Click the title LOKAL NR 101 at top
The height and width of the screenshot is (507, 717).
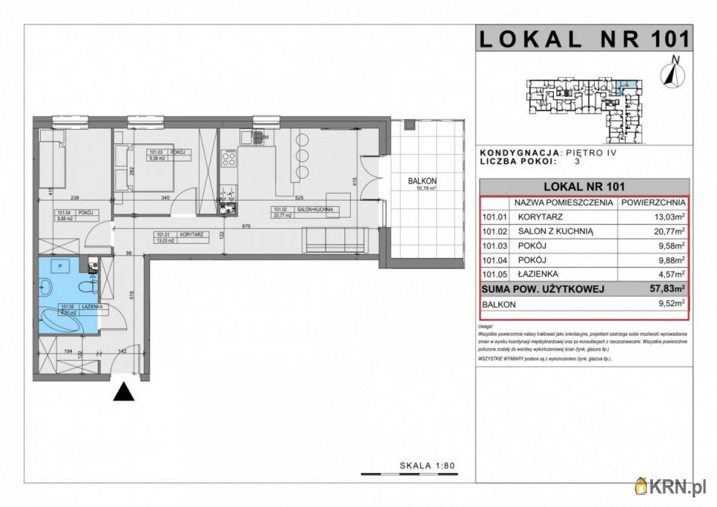584,38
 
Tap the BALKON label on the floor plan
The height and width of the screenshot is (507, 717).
423,181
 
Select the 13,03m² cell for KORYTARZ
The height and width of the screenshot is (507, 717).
664,217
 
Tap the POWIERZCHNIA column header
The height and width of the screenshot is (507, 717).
653,203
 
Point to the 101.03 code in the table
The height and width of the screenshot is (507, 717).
494,246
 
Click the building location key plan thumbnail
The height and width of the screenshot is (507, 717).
583,106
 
